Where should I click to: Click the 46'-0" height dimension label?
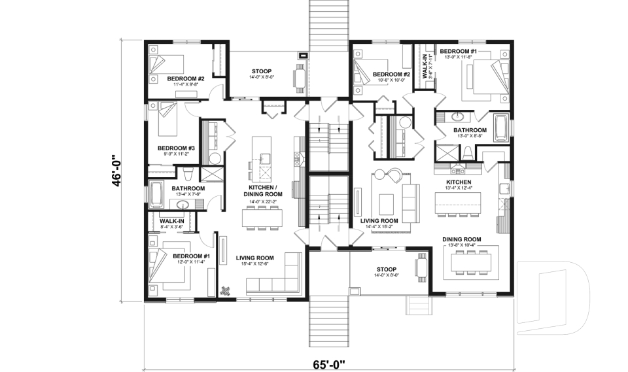(117, 171)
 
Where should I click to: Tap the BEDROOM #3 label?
(176, 148)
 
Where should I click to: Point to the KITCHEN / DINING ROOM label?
(263, 190)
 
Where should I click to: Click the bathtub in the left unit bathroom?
(158, 194)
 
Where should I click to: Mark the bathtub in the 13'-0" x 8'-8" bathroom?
(502, 128)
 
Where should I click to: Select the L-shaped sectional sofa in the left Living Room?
(275, 281)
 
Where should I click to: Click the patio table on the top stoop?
(300, 77)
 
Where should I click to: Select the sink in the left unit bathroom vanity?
(184, 205)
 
